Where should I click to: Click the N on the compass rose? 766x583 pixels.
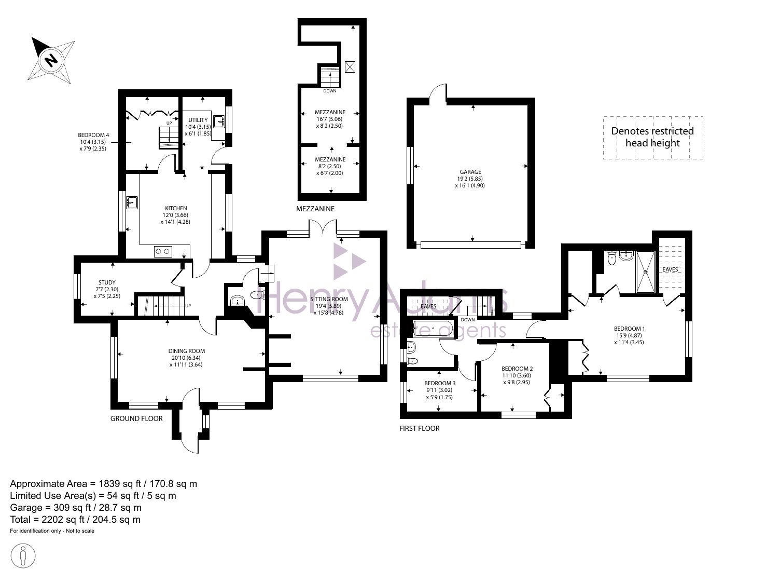(52, 60)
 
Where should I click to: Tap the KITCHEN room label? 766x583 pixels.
(176, 208)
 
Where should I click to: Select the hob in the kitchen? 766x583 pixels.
(163, 251)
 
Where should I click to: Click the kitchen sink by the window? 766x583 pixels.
(132, 202)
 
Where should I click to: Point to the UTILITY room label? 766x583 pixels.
(198, 120)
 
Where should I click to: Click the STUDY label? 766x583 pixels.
(107, 282)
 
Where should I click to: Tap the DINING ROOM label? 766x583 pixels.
(186, 351)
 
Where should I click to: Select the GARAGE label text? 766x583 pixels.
(470, 172)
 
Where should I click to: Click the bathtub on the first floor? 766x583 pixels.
(433, 329)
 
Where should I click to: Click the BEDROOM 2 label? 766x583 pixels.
(517, 369)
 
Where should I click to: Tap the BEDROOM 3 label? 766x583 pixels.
(440, 383)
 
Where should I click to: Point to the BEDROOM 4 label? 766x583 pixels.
(93, 135)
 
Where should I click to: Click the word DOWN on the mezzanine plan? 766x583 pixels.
(329, 91)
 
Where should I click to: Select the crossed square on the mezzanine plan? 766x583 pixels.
(350, 67)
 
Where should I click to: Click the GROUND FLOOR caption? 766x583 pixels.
(136, 418)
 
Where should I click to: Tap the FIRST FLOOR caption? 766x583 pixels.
(419, 428)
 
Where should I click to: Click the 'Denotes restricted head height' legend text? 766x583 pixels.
(652, 137)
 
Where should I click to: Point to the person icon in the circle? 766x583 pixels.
(23, 556)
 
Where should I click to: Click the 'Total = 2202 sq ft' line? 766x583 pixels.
(75, 520)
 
